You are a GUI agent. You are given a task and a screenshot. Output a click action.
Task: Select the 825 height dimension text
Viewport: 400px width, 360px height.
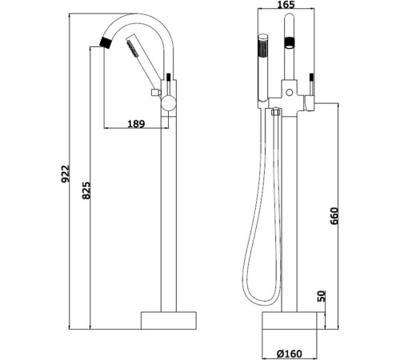[87, 194]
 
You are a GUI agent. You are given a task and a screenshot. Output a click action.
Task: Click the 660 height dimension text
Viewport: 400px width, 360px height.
[335, 217]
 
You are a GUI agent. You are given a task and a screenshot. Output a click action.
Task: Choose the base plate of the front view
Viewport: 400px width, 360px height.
[295, 319]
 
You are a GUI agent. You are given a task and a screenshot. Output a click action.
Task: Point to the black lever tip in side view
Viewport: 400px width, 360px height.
[170, 78]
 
